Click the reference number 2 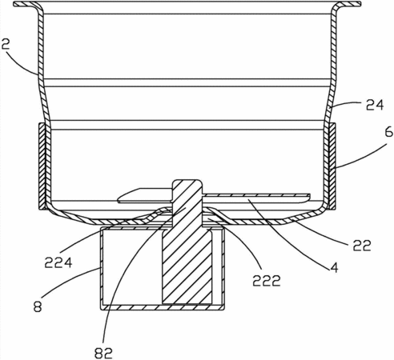coord(6,44)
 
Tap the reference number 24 coord(375,105)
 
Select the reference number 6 coord(389,132)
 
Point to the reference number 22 coord(362,246)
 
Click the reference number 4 coord(334,267)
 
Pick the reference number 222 coord(267,281)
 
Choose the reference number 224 coord(58,262)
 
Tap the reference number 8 coord(38,306)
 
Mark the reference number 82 coord(103,354)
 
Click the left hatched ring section coord(42,166)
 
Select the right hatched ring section coord(332,166)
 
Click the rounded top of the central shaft coord(187,183)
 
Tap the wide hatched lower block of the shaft coord(187,266)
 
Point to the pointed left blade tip coord(119,198)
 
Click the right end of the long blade coord(309,197)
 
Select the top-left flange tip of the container coord(14,4)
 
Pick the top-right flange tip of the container coord(360,4)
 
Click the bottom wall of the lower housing coord(162,307)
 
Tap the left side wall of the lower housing coord(102,268)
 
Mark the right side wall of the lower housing coord(223,267)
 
